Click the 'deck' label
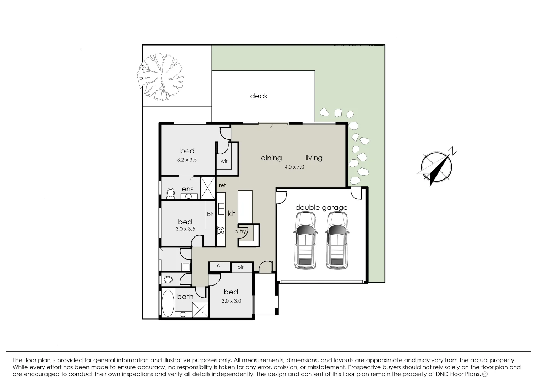tap(259, 96)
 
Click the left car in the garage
tap(305, 240)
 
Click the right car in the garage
tap(337, 240)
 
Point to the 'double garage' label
tap(321, 208)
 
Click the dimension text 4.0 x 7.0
tap(294, 167)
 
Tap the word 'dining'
tap(271, 158)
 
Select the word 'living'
tap(314, 158)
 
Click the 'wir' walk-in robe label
tap(224, 161)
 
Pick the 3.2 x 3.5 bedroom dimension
tap(187, 160)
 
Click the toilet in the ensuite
tap(170, 193)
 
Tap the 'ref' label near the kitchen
tap(222, 185)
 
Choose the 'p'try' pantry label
tap(240, 231)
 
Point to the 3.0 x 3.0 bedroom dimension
tap(231, 301)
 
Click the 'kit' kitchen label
tap(232, 213)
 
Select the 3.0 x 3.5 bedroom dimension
tap(185, 229)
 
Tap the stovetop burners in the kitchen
tap(221, 230)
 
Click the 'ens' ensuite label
tap(187, 189)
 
